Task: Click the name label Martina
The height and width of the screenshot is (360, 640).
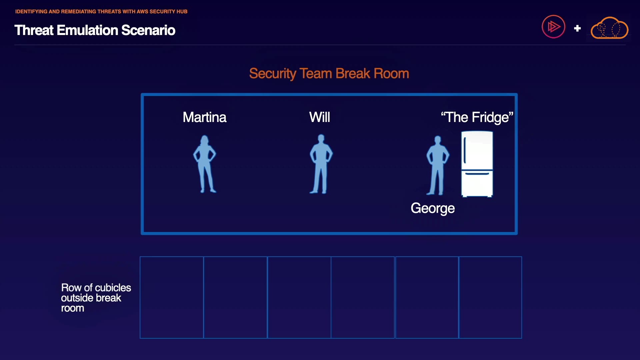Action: point(204,117)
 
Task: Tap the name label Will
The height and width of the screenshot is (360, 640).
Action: point(319,117)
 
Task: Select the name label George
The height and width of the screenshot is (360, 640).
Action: point(432,208)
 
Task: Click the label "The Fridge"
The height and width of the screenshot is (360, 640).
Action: point(477,117)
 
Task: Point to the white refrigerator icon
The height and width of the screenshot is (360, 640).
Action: point(477,164)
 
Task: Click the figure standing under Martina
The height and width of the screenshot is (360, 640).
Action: point(205,164)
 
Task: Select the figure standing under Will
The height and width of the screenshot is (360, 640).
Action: point(321,164)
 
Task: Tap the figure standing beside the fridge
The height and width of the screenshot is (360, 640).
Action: point(437,165)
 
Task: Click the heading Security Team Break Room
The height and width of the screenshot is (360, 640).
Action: point(329,73)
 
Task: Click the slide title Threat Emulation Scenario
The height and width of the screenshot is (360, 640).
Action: point(95,30)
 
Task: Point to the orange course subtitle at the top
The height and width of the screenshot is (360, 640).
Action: point(101,12)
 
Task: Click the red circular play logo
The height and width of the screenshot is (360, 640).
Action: point(553,27)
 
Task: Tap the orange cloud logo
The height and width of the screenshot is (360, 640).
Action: point(609,28)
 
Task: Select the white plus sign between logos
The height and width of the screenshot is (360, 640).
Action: point(577,28)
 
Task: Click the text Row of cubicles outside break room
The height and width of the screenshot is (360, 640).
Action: point(96,298)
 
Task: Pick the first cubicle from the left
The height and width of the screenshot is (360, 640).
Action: point(172,297)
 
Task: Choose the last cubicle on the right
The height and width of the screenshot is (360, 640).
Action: point(490,297)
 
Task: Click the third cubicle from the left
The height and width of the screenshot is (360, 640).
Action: point(299,297)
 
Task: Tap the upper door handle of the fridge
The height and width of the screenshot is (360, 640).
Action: point(465,150)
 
